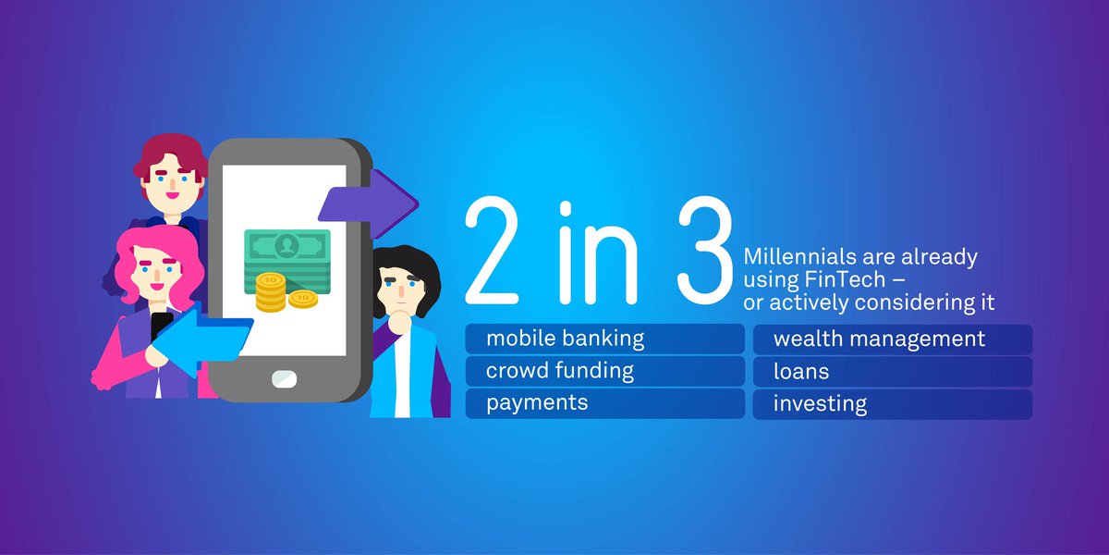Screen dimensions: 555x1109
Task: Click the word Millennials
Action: [797, 257]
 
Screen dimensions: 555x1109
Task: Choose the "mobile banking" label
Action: [565, 339]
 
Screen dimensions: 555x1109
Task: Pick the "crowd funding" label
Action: [560, 371]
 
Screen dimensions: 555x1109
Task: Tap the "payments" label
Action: [537, 403]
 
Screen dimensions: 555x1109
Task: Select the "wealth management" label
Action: [879, 339]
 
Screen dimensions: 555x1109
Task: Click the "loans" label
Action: [801, 372]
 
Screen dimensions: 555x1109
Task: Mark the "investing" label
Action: [820, 404]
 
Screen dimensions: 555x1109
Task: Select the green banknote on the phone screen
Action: [286, 249]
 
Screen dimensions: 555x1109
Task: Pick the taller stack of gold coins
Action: [271, 291]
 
